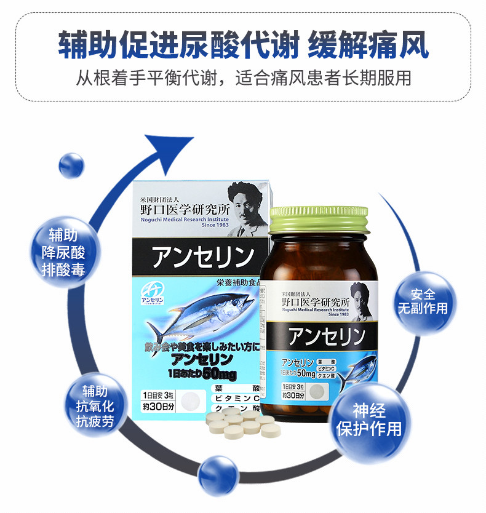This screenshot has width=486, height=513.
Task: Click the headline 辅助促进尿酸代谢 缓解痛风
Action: coord(243,46)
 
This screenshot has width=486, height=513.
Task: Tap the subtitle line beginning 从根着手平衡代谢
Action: coord(243,78)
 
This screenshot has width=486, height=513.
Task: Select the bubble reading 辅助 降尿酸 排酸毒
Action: coord(63,252)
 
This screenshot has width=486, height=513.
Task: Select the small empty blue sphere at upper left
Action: coord(71,166)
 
